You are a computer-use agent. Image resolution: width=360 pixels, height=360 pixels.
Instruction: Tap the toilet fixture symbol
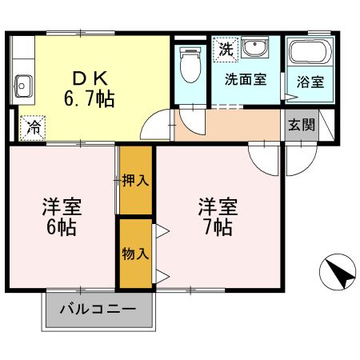(189, 64)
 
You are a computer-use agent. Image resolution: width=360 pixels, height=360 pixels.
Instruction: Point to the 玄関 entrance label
(302, 126)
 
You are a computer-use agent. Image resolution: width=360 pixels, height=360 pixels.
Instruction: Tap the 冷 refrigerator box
(34, 126)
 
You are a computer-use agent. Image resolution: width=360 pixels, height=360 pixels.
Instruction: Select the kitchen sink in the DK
(22, 82)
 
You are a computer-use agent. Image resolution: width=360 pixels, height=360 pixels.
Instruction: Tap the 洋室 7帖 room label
(218, 215)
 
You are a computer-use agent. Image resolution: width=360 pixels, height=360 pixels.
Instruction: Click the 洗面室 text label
(246, 80)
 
